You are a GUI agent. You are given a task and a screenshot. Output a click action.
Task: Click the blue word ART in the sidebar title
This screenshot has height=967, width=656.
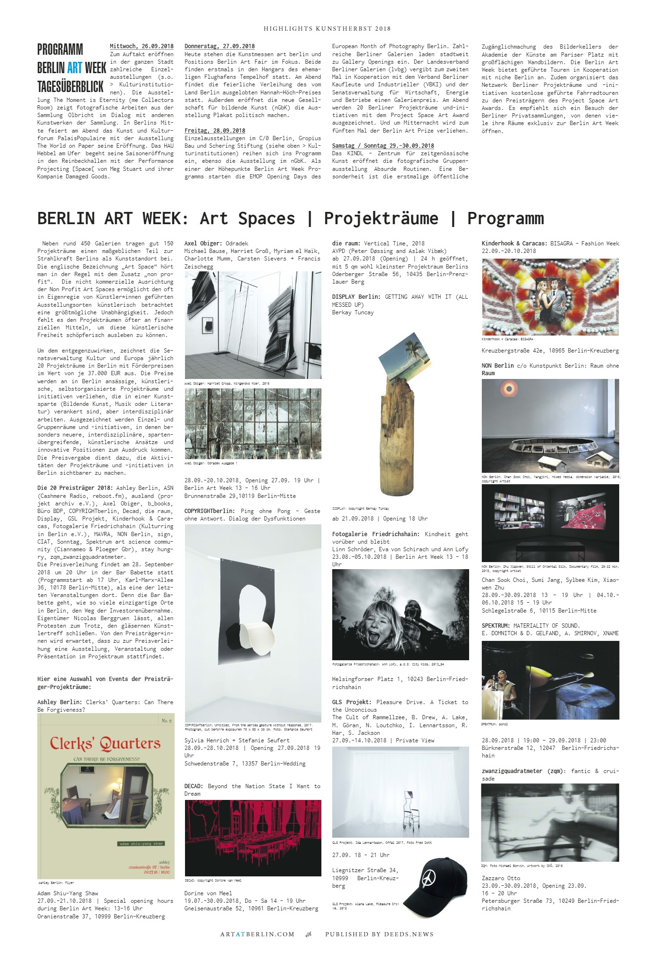coord(75,68)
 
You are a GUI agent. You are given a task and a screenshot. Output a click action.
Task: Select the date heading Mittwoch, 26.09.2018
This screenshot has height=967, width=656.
coord(142,46)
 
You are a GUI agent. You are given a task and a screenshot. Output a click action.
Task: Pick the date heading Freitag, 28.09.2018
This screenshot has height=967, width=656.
coord(215,130)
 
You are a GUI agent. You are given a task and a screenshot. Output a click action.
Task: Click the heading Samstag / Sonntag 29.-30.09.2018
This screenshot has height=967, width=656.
coord(383,145)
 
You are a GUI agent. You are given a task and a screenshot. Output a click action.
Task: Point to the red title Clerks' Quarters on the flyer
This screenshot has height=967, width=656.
coord(105,744)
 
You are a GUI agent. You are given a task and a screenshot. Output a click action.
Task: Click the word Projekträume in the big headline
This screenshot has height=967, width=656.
coord(381,219)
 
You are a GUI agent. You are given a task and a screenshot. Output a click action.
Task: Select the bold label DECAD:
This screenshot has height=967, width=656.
coord(194,786)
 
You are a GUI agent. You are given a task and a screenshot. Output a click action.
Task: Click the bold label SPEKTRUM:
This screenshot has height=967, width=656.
coord(496,625)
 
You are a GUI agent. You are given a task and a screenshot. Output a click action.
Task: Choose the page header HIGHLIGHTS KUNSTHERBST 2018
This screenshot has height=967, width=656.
coord(327,29)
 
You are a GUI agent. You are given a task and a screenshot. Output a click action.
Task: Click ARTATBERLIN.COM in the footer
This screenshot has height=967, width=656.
coord(257,934)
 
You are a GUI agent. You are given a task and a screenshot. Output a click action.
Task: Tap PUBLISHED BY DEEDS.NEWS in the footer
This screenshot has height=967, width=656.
coord(379,934)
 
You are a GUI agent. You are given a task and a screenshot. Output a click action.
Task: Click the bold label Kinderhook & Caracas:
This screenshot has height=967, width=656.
coord(514,243)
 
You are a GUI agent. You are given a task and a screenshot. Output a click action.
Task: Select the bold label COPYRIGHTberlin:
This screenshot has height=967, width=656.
coord(210,511)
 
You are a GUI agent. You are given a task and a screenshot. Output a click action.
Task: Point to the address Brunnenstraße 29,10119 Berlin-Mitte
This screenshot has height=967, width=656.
coord(240,496)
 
